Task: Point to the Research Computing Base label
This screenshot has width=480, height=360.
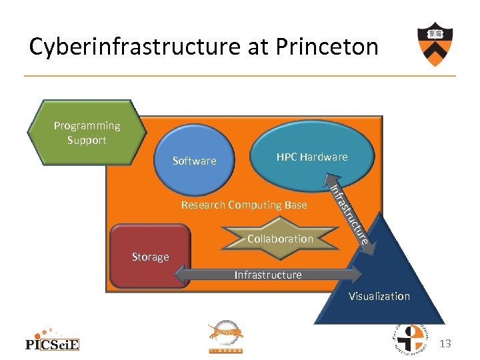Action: tap(244, 205)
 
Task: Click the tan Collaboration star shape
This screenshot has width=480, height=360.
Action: tap(280, 239)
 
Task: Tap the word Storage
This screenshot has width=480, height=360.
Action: tap(150, 257)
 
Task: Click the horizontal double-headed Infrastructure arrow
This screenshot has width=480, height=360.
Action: tap(268, 275)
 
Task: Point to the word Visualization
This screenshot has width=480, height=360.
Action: tap(379, 296)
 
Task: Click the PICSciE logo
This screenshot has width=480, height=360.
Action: tap(52, 339)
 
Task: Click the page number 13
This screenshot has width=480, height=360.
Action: tap(445, 343)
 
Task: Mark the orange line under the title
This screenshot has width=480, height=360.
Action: tap(240, 75)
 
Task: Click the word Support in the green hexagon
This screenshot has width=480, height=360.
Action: tap(87, 140)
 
